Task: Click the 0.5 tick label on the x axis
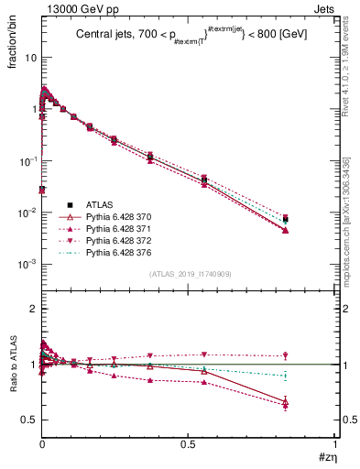[188, 444]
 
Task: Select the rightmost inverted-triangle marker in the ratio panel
[286, 355]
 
